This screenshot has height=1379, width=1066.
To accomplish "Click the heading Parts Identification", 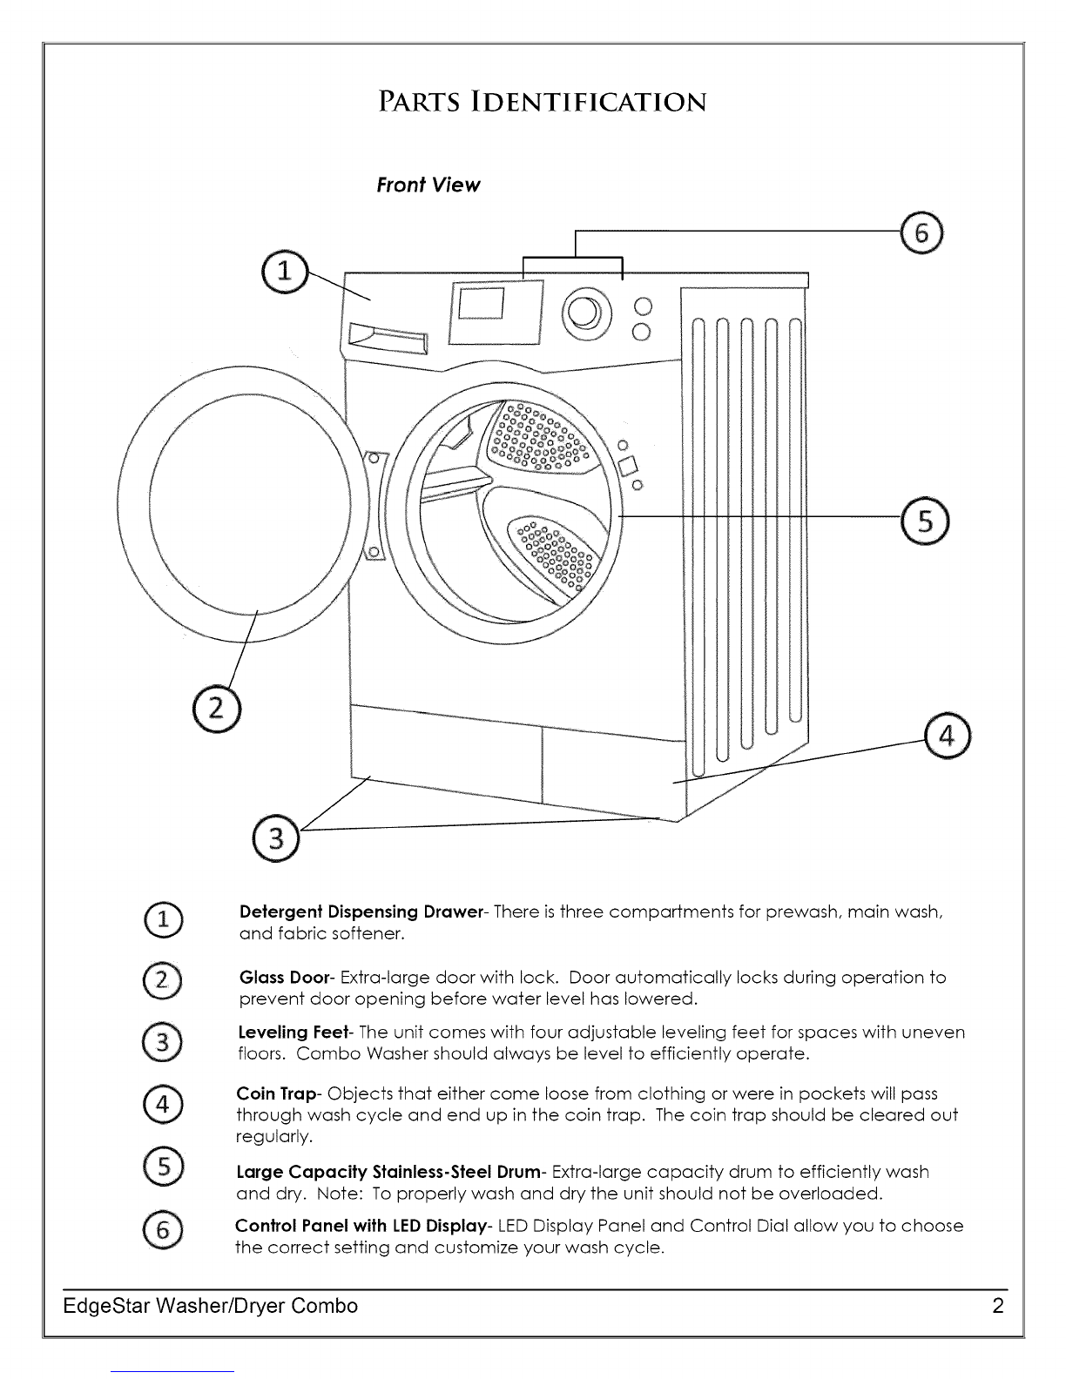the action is (543, 102).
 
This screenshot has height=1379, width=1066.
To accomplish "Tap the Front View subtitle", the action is (428, 185).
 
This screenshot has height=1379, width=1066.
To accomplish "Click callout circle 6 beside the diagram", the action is (921, 233).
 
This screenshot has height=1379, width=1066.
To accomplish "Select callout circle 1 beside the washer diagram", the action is (285, 272).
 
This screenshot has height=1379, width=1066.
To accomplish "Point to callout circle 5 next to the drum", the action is (925, 521).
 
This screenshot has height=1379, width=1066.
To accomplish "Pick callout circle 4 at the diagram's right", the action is (947, 736).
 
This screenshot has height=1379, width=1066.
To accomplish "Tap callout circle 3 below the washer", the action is (275, 838).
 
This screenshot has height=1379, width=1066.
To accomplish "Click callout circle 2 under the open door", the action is (217, 709).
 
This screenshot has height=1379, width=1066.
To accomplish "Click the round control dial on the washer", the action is (586, 312).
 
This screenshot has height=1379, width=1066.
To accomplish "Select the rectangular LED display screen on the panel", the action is (482, 303).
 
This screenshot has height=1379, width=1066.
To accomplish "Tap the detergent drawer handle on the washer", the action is (388, 338).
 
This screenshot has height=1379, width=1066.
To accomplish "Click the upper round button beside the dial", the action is (643, 306).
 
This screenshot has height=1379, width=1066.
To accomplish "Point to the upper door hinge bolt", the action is (374, 458).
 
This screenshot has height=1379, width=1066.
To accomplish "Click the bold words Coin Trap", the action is (276, 1094).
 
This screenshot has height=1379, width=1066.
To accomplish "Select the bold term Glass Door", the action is (285, 978).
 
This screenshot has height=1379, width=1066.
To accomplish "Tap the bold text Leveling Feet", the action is (293, 1033).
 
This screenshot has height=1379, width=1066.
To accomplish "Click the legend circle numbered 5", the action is (163, 1167).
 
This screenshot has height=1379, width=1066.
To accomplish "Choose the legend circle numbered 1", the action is (163, 919).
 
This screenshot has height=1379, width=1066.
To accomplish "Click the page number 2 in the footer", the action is (997, 1305).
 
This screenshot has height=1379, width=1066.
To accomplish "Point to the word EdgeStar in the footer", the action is (106, 1306).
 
